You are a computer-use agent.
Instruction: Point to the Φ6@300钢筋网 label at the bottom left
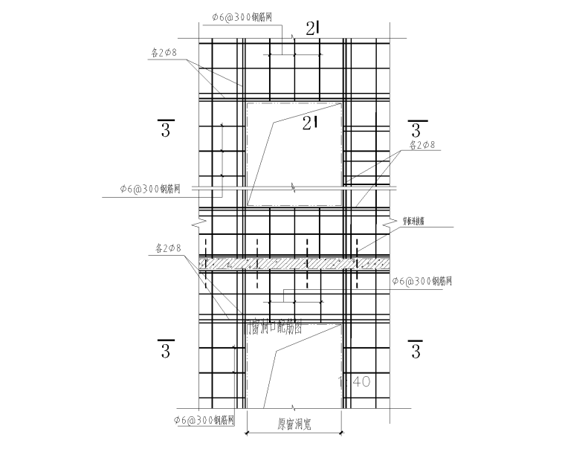pyautogui.click(x=207, y=420)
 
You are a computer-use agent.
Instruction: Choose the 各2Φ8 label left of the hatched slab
pyautogui.click(x=167, y=247)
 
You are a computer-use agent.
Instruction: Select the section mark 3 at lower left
pyautogui.click(x=166, y=349)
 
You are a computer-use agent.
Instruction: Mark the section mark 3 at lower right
pyautogui.click(x=416, y=349)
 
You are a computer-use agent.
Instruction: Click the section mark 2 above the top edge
pyautogui.click(x=313, y=29)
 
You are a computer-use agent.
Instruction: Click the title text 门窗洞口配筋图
pyautogui.click(x=274, y=327)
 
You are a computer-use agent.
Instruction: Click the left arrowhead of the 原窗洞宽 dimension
pyautogui.click(x=247, y=431)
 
